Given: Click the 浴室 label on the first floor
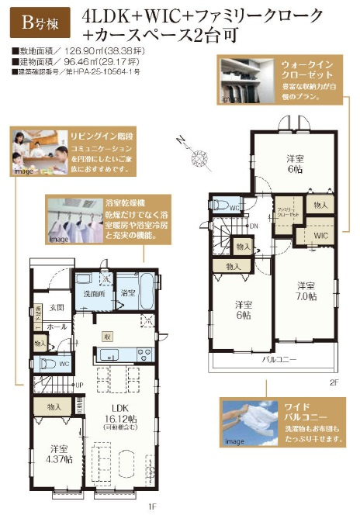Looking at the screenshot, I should coord(128,293).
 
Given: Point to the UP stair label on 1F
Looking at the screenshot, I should coord(79,385).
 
